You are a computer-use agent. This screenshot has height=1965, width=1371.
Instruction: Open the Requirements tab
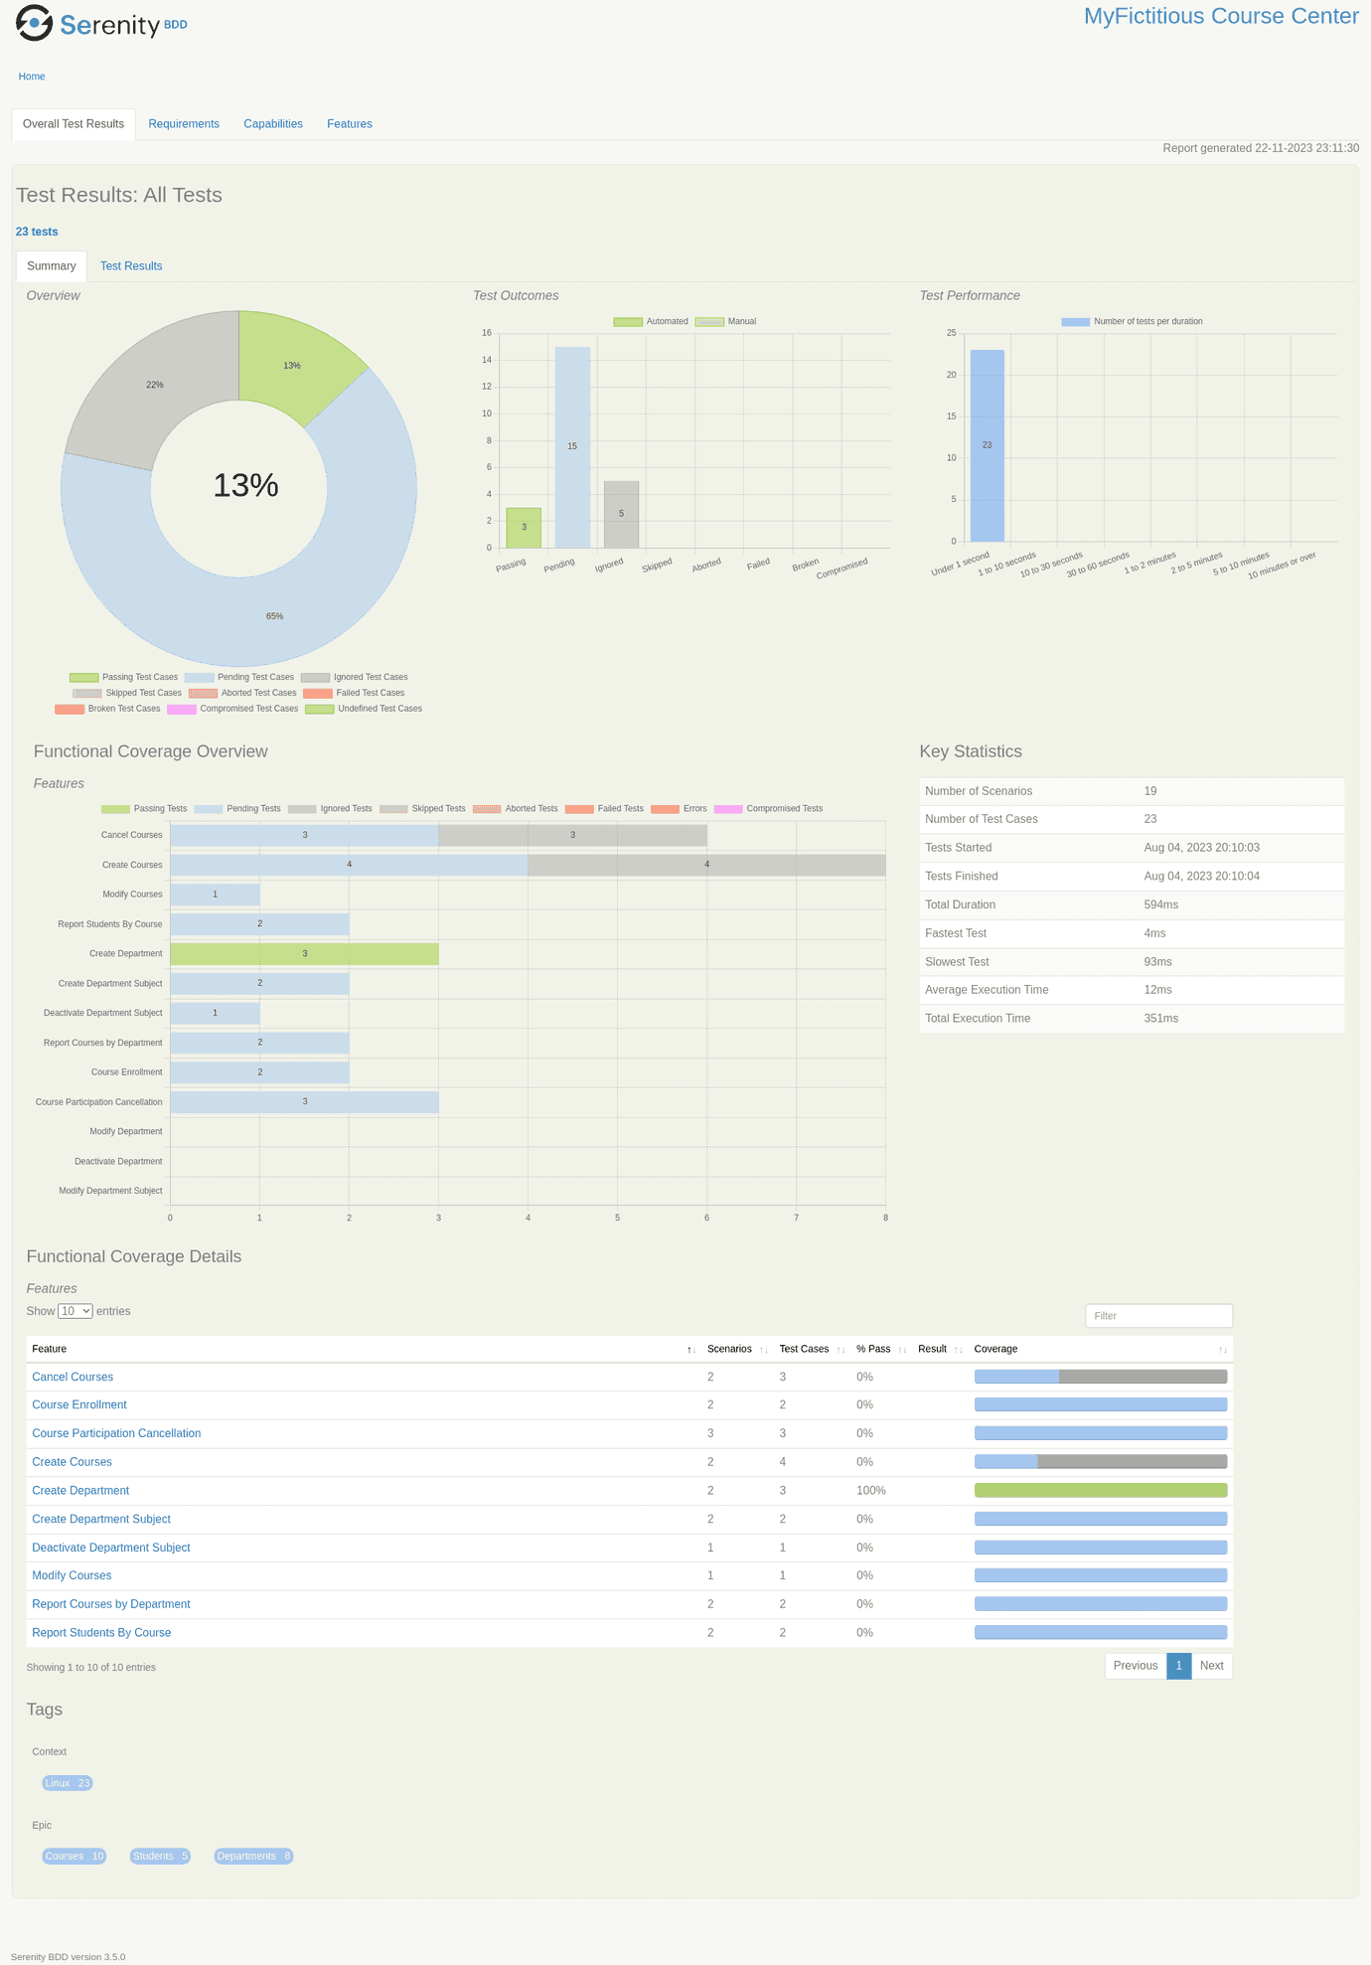point(184,124)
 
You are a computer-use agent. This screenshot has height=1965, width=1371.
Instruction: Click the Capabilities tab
point(273,124)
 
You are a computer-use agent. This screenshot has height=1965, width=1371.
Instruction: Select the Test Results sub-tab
point(131,266)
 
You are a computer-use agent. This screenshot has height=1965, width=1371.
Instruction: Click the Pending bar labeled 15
point(572,447)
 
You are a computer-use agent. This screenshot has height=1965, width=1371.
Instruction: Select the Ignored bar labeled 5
point(621,514)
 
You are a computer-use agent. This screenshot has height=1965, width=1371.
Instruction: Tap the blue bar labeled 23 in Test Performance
point(987,445)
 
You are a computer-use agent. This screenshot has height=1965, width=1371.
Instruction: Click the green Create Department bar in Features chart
point(304,954)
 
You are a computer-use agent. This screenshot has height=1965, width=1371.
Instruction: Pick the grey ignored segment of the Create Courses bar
point(706,865)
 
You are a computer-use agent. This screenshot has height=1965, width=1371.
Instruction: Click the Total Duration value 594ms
point(1161,904)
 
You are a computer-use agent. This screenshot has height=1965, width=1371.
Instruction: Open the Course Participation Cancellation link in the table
point(116,1433)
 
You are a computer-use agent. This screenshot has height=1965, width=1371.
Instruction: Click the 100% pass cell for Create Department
point(871,1491)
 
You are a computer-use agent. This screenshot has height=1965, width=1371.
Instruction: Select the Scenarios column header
point(729,1349)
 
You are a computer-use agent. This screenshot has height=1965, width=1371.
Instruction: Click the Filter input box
point(1158,1316)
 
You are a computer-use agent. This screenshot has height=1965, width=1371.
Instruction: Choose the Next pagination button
point(1211,1666)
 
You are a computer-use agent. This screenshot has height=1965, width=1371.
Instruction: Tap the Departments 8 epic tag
point(253,1856)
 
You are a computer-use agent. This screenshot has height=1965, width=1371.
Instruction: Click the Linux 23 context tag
point(68,1783)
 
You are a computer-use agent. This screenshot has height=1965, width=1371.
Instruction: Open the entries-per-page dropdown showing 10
point(76,1311)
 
